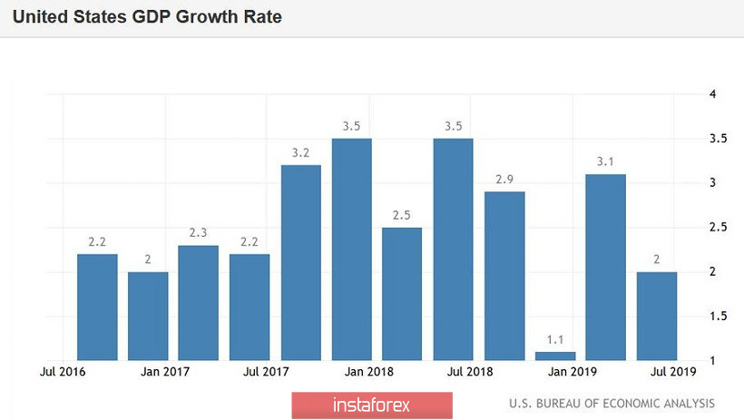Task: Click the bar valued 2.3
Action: [x=199, y=302]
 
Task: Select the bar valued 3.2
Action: [x=301, y=262]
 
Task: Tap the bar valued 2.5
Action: [x=403, y=293]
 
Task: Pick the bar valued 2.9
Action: [x=504, y=276]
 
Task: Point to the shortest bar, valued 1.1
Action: [x=555, y=356]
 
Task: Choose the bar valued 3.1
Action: [x=606, y=267]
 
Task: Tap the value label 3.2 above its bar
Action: [x=301, y=152]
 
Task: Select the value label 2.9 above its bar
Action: [x=504, y=179]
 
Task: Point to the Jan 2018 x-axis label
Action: [x=367, y=372]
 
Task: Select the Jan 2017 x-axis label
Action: [x=164, y=372]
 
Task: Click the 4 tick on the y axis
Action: [x=713, y=94]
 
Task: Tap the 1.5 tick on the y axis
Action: [x=718, y=316]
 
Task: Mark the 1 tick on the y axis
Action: [x=713, y=361]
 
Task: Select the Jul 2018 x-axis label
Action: [x=469, y=372]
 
